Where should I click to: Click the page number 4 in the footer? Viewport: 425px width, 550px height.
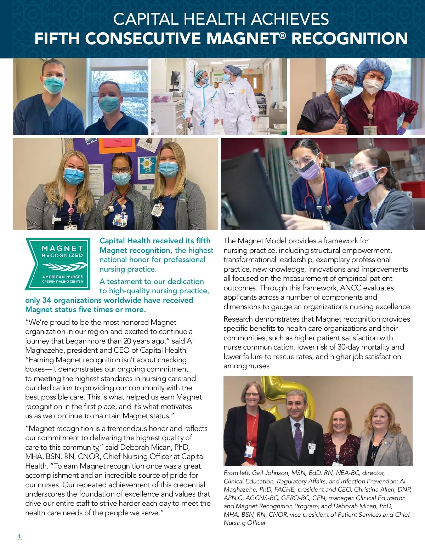(x=19, y=536)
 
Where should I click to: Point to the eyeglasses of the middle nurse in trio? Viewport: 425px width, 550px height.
(x=120, y=170)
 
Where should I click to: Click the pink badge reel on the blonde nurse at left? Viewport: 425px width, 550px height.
(x=71, y=211)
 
